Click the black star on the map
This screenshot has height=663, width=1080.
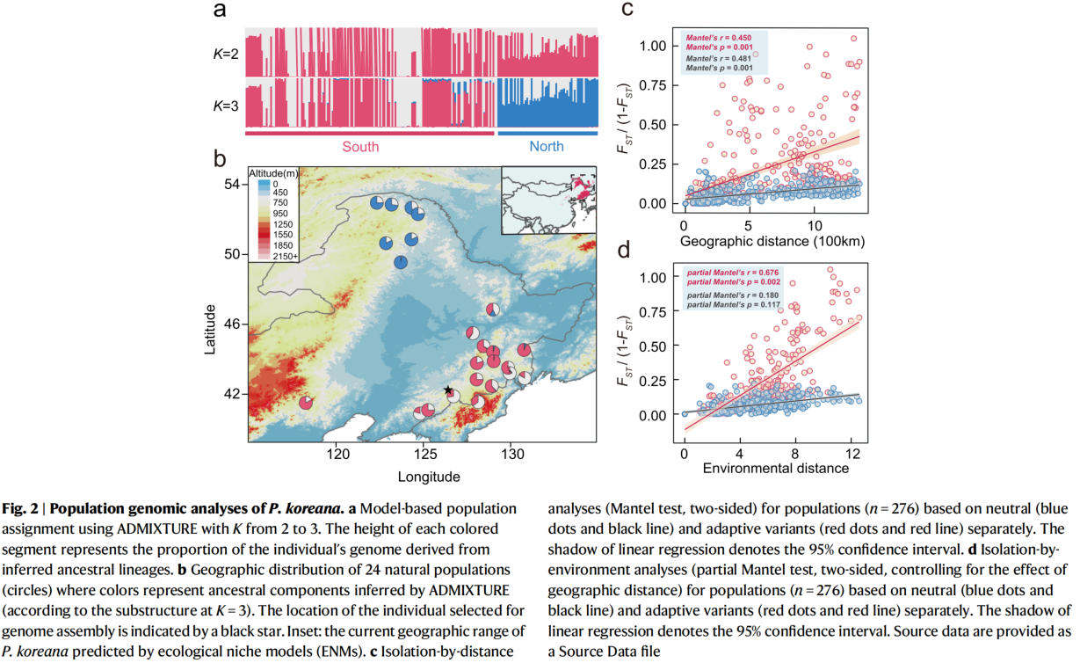coord(448,390)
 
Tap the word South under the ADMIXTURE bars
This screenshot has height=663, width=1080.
coord(360,147)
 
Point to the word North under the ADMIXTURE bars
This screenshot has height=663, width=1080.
coord(547,147)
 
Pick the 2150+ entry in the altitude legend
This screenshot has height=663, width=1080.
coord(285,256)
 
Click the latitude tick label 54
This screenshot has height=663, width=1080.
coord(232,185)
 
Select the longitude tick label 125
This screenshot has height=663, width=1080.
coord(424,454)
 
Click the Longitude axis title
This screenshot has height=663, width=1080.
coord(423,477)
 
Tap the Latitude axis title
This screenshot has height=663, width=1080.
coord(211,330)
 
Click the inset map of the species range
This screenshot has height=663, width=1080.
coord(549,200)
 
